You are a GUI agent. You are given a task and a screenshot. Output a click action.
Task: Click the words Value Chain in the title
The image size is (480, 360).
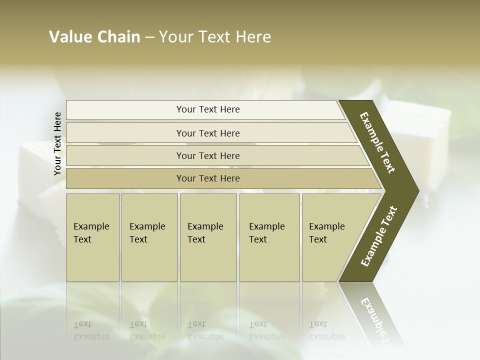point(94,37)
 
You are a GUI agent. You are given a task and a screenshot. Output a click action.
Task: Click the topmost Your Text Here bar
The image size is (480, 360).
point(208,109)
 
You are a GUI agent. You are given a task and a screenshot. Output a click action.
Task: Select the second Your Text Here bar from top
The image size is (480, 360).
point(208,133)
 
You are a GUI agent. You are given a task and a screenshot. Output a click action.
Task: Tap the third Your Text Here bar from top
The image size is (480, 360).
point(208,155)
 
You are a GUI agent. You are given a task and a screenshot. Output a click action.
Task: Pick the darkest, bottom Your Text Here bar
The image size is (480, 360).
point(208,178)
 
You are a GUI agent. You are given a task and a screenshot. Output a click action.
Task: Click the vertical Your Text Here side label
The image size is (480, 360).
point(57,143)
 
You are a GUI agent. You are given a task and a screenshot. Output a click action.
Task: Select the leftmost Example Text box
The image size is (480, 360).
point(92,237)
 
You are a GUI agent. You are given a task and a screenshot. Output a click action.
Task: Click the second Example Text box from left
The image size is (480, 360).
point(149,237)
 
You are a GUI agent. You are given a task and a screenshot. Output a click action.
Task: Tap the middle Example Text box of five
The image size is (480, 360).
point(208,237)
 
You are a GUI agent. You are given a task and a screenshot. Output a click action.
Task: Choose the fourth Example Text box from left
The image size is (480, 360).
point(269,237)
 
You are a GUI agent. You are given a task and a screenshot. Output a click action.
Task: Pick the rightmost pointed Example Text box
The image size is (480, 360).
point(332,237)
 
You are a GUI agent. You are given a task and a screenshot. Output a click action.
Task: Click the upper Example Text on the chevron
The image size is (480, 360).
point(377,142)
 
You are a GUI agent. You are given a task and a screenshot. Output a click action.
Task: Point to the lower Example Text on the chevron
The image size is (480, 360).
point(379,236)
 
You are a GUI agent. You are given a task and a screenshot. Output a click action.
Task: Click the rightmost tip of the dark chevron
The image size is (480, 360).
point(417,191)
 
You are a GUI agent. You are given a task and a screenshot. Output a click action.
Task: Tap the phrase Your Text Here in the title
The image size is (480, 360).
point(215,37)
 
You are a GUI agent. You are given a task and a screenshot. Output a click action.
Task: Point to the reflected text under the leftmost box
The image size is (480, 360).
point(91,330)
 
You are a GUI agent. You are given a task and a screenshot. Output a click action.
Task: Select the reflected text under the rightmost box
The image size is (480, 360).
point(326,330)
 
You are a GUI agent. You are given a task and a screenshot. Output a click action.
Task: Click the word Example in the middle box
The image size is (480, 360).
point(205,226)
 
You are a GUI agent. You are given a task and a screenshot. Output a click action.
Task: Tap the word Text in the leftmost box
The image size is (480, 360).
point(82,239)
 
